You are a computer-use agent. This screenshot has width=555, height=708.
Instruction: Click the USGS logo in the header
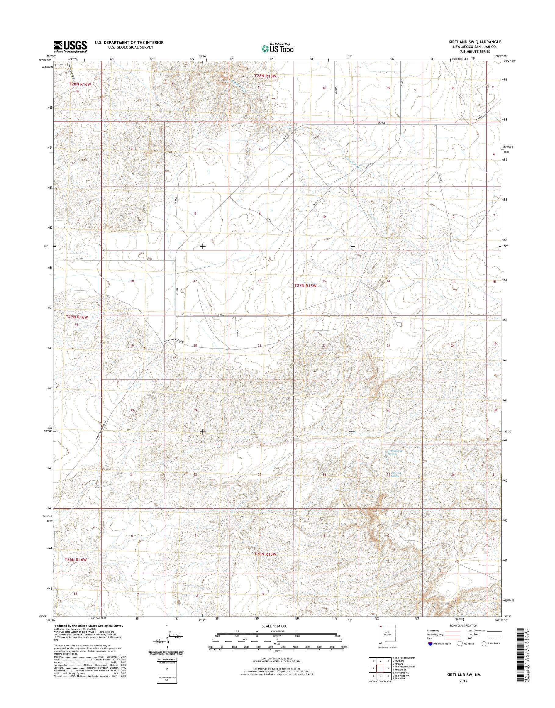pyautogui.click(x=70, y=46)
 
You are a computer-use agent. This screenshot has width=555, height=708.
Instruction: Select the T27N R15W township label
pyautogui.click(x=305, y=285)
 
